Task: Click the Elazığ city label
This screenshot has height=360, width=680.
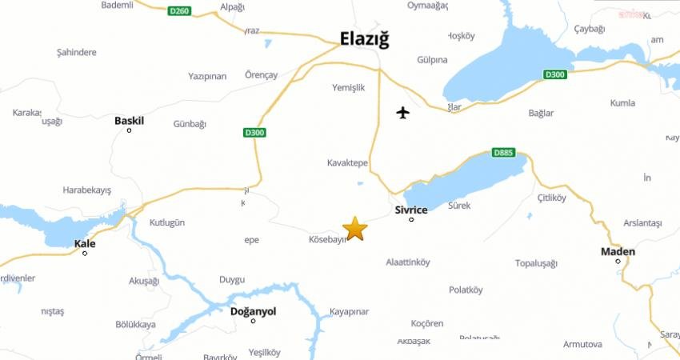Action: point(364,38)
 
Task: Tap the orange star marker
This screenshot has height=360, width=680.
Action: point(354,229)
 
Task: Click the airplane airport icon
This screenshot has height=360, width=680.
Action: point(403,112)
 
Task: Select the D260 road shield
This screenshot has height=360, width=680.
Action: point(180,11)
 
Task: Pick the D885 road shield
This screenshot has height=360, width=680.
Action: point(502,153)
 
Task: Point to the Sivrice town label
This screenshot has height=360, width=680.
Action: point(411,210)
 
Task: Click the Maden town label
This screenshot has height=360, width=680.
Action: point(618,252)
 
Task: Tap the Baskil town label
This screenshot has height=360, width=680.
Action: point(129,121)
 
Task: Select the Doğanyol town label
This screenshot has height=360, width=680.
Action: point(253,311)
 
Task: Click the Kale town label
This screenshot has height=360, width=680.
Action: point(84,243)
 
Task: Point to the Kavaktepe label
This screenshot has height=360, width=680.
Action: point(347,162)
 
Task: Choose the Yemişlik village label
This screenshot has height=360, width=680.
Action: point(348,88)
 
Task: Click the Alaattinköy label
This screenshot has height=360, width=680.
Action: point(408,262)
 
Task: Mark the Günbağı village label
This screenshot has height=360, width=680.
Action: point(190,124)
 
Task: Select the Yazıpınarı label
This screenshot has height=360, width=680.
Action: point(207,76)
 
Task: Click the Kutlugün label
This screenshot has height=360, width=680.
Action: point(166,222)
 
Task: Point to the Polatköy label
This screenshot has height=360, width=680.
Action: point(466,290)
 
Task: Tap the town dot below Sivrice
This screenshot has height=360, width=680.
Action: point(411,219)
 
